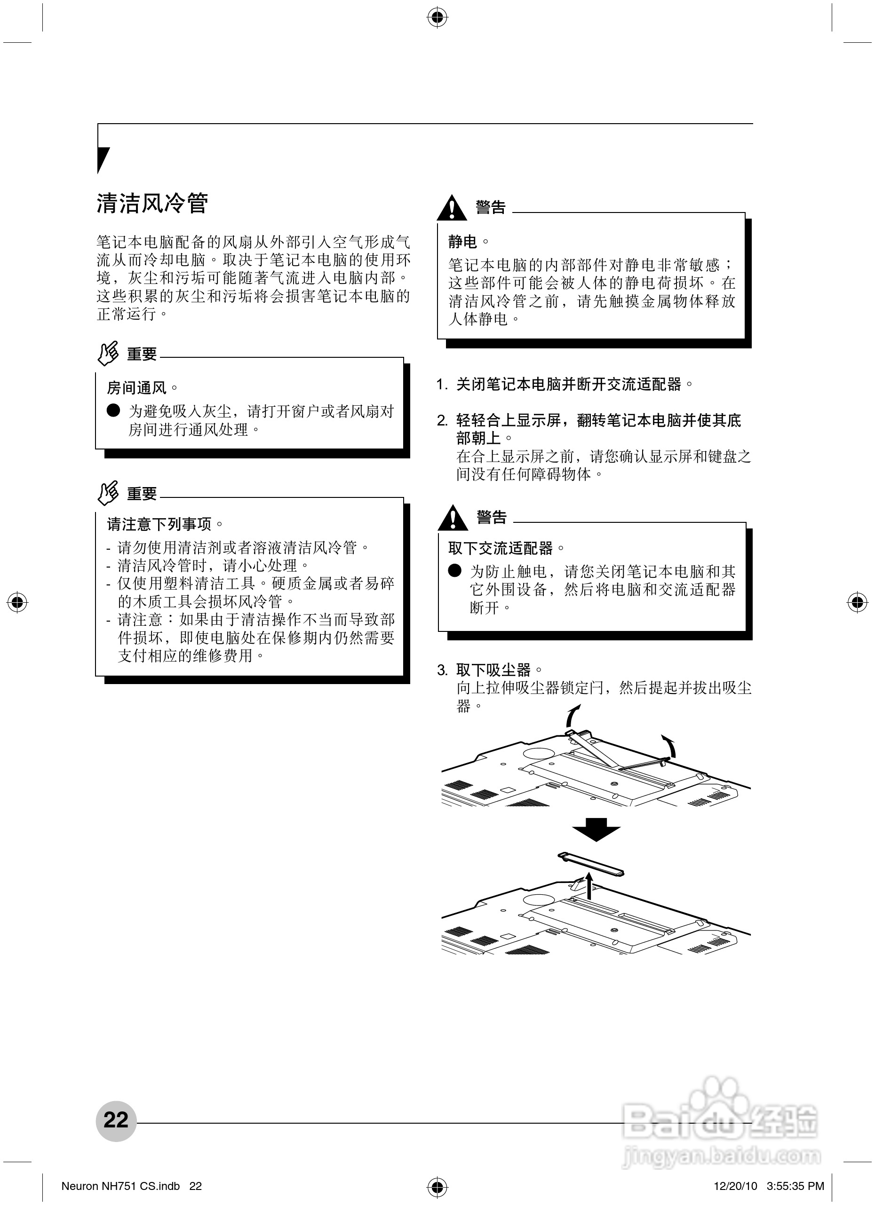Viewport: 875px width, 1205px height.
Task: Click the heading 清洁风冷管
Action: coord(152,204)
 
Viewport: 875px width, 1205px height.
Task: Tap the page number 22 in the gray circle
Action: coord(116,1120)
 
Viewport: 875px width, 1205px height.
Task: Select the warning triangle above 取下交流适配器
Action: coord(453,518)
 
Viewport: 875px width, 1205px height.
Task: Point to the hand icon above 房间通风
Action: coord(108,353)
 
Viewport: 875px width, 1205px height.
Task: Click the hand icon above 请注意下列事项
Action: coord(108,493)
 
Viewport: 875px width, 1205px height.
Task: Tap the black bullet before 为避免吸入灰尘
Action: coord(113,411)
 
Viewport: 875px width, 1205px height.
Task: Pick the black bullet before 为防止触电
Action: coord(454,571)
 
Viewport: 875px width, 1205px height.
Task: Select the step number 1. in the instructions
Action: coord(442,385)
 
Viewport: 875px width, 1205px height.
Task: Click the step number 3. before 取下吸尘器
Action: coord(443,670)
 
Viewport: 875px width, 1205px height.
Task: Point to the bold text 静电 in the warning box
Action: coord(462,242)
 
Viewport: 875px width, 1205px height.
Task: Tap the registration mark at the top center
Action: coord(437,17)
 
